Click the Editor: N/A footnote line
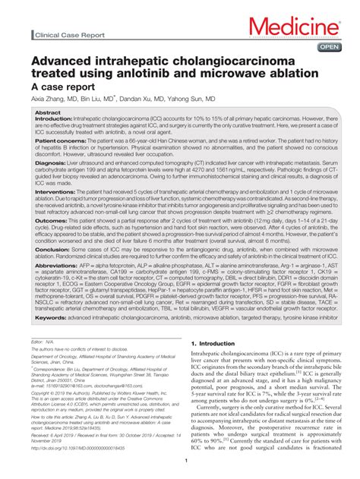44,343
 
